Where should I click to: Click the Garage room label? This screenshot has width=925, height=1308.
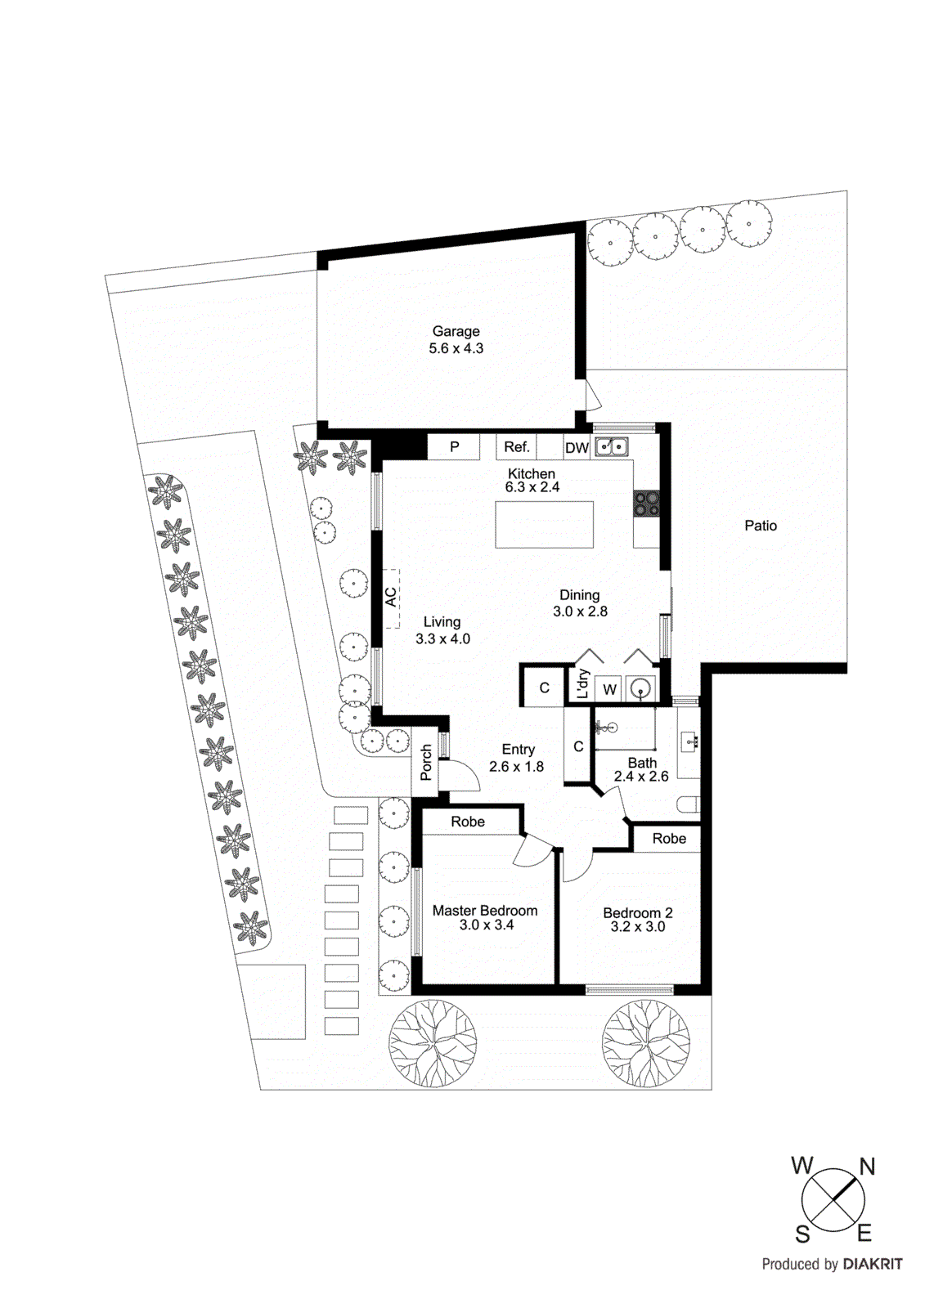click(x=456, y=331)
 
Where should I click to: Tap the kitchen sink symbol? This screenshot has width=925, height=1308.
click(x=611, y=447)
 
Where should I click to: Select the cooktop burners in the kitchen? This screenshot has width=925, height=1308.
click(x=646, y=504)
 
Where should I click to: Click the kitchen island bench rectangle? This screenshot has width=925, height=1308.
click(x=544, y=525)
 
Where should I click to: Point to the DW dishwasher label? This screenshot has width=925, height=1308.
click(x=577, y=448)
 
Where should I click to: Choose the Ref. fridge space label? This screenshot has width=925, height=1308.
click(x=516, y=447)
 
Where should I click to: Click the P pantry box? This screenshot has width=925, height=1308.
click(x=454, y=447)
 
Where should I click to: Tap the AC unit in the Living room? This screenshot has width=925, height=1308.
click(x=391, y=598)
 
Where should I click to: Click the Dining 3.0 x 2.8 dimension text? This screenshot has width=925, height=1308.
click(x=580, y=611)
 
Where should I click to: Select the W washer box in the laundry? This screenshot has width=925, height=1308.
click(x=609, y=690)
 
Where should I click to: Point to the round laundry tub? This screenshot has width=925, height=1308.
click(x=641, y=689)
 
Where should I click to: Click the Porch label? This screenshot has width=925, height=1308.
click(x=426, y=762)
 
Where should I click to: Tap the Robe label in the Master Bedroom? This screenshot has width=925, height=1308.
click(x=468, y=822)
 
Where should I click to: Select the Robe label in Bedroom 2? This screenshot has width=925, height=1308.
click(x=669, y=839)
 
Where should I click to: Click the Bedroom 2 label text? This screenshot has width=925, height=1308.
click(x=637, y=912)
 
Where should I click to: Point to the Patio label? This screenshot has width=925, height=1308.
click(x=760, y=526)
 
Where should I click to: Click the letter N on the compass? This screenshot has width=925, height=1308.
click(x=867, y=1167)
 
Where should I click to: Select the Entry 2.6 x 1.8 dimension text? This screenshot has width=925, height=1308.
click(x=516, y=767)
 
